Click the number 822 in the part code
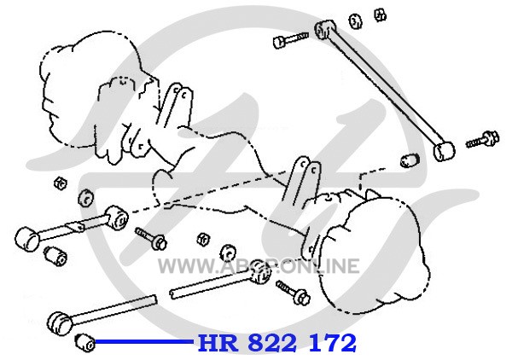click(276, 344)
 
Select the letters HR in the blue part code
click(218, 344)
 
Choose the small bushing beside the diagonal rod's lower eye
click(408, 160)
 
